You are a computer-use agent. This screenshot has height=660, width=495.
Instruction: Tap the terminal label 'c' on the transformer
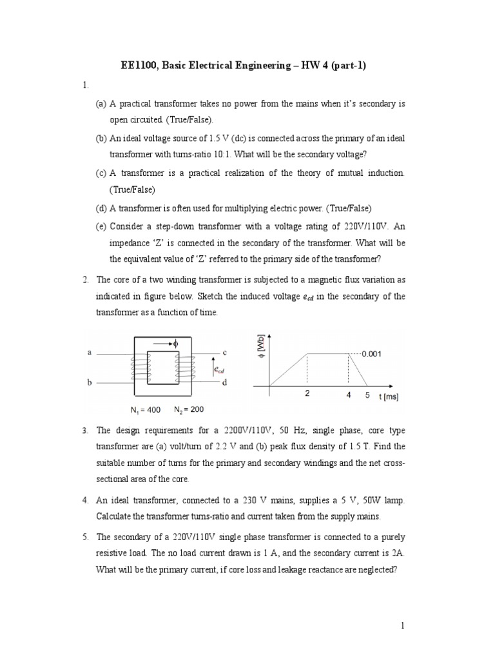(x=224, y=352)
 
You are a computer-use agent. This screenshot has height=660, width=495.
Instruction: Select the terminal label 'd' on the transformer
(x=224, y=383)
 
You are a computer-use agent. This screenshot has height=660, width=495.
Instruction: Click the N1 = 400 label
(x=146, y=410)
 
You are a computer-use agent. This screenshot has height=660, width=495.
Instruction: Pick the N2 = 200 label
(x=189, y=409)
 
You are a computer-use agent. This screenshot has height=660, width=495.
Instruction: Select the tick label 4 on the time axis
(x=349, y=394)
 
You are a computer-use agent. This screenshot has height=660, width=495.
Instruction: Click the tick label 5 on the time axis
(x=367, y=394)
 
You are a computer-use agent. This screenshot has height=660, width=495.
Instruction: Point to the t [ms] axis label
(x=389, y=397)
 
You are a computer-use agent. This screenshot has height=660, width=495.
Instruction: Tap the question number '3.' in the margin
(x=85, y=430)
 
